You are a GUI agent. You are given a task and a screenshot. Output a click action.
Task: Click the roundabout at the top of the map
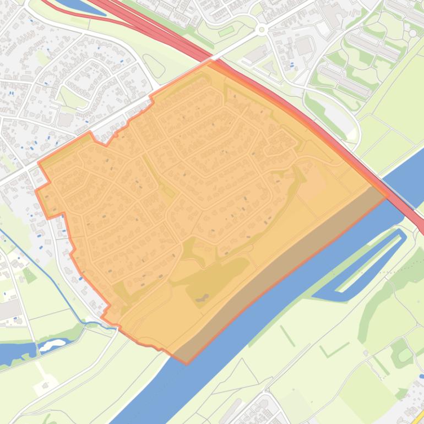click(262, 29)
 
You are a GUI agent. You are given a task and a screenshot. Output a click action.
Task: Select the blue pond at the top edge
click(80, 6)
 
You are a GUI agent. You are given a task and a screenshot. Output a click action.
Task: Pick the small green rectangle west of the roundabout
click(226, 31)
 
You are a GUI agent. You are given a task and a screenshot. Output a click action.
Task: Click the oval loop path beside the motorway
click(154, 67)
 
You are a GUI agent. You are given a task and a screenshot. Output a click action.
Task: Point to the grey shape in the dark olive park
click(202, 298)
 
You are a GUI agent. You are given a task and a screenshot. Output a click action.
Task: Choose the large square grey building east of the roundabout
click(304, 46)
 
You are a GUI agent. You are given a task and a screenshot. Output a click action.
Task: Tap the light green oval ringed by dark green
click(405, 355)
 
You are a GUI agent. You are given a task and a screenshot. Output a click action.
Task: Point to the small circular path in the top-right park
click(412, 33)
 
